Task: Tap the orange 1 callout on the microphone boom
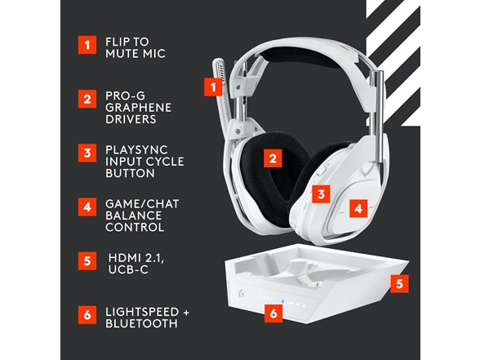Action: pos(215,84)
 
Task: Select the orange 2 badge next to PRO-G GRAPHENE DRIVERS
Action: pos(86,100)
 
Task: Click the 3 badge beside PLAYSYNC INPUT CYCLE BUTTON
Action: pos(86,153)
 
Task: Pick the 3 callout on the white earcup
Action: pos(322,193)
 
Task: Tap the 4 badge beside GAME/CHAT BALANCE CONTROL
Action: pos(86,207)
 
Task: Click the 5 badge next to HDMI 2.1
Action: pos(86,262)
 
